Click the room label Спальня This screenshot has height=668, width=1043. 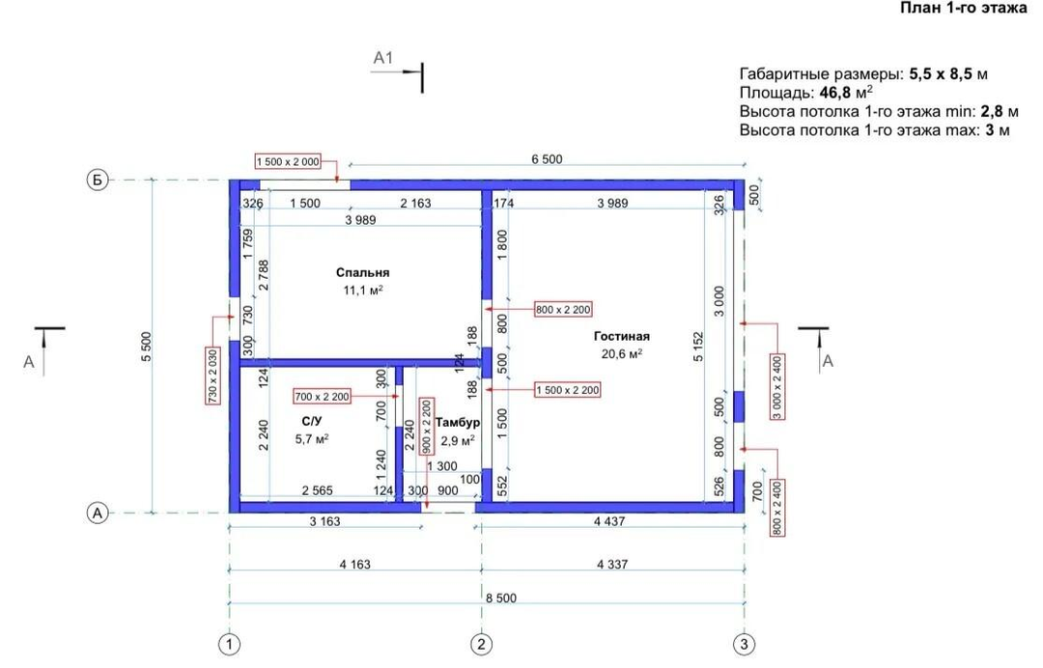pos(362,272)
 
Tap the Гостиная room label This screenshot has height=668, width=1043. pos(621,336)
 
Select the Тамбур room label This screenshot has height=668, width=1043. pos(458,422)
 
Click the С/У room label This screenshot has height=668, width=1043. pos(311,422)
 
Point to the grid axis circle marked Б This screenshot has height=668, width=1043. pos(98,181)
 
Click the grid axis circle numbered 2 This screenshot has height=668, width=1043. pos(481,644)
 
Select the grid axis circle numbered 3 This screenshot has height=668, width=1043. pos(744,644)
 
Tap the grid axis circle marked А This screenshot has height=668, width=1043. pos(98,514)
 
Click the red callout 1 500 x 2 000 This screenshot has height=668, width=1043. pos(288,161)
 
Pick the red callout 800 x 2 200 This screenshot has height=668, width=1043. pos(563,309)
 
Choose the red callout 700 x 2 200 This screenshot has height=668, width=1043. pos(322,397)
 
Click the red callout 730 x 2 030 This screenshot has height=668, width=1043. pos(212,375)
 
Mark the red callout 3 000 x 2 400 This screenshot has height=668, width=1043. pos(776,387)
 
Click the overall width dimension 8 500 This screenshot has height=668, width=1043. pos(501,598)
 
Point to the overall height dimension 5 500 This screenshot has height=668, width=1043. pos(147,347)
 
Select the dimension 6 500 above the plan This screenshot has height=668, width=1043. pos(547,159)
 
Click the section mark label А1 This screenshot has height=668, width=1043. pos(383,58)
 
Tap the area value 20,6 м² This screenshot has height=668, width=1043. pos(622,353)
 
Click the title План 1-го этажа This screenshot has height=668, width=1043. pos(964,8)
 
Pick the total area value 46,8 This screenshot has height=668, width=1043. pos(834,93)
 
